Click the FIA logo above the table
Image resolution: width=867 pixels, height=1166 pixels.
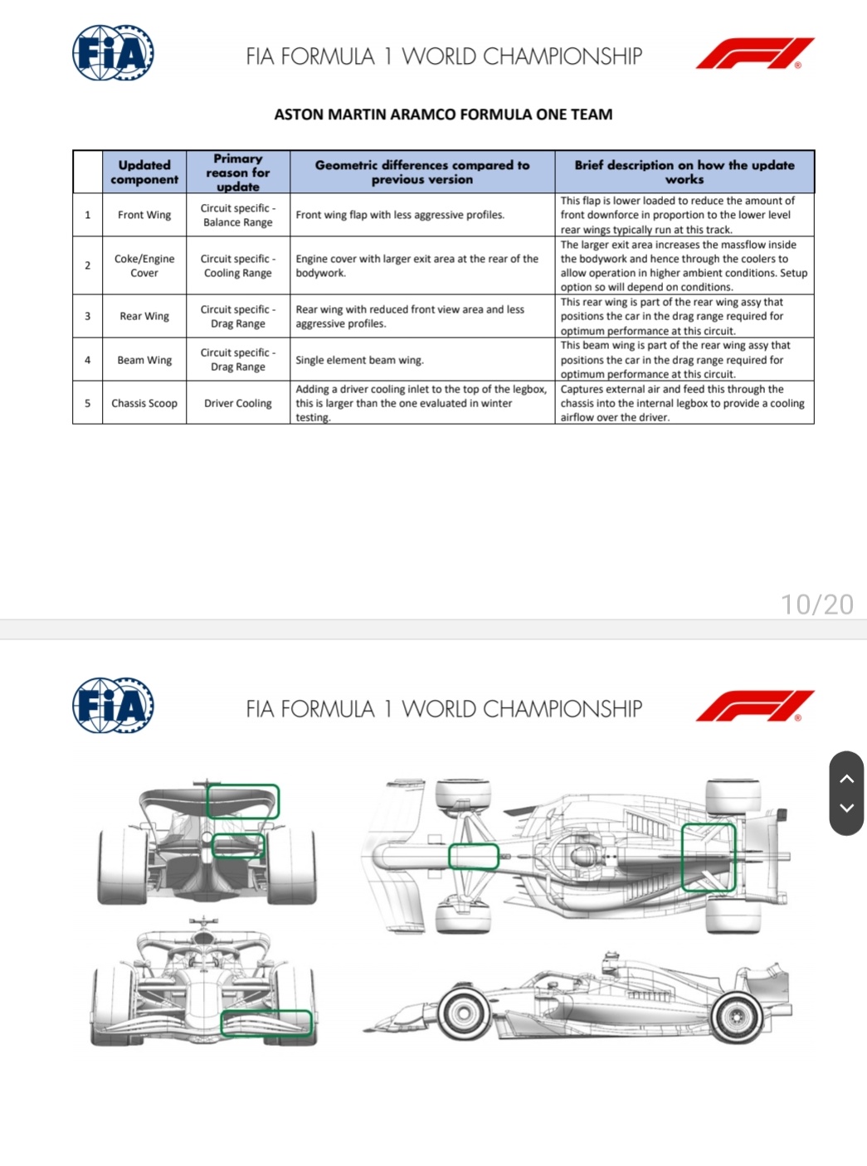(113, 53)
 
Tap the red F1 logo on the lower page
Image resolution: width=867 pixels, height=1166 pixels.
(754, 706)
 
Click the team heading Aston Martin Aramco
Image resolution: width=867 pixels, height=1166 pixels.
(443, 114)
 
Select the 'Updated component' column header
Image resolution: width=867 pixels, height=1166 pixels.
(144, 172)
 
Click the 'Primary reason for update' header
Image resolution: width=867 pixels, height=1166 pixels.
(238, 172)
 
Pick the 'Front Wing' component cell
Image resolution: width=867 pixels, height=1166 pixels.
(144, 215)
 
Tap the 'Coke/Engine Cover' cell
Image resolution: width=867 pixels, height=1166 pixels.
(144, 265)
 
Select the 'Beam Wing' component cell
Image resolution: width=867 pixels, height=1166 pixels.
(144, 360)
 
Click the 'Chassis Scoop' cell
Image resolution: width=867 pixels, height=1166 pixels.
(144, 403)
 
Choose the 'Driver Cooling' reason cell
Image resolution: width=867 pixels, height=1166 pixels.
(238, 403)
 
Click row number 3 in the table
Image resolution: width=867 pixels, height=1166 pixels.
(87, 316)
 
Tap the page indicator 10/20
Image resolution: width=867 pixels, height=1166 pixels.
(816, 605)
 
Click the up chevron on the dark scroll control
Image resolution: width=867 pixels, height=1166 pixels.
(846, 778)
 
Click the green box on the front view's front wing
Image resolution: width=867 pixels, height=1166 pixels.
(266, 1023)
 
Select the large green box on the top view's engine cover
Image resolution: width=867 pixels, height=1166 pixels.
(709, 857)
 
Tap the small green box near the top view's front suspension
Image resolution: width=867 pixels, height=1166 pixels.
(474, 857)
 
